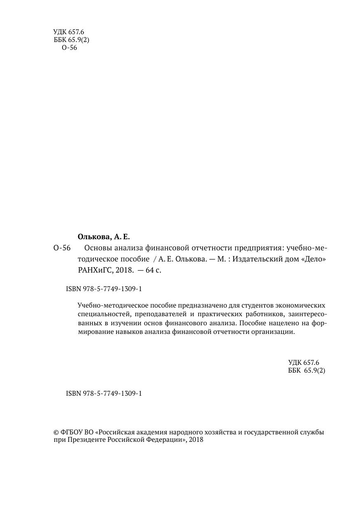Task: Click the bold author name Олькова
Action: pyautogui.click(x=93, y=237)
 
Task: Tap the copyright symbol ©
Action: pyautogui.click(x=56, y=433)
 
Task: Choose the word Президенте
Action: pyautogui.click(x=84, y=440)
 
